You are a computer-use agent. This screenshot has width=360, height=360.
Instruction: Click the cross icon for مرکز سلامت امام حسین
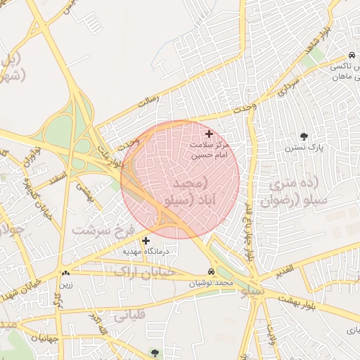(209, 134)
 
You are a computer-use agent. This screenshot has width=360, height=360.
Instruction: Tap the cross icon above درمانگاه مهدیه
(146, 240)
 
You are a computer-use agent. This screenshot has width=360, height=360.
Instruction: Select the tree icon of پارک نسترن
(304, 136)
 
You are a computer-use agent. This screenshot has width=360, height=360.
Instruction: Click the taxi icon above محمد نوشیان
(212, 272)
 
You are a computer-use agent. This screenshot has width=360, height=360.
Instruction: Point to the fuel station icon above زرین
(65, 273)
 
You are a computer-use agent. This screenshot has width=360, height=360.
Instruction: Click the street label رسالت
(148, 101)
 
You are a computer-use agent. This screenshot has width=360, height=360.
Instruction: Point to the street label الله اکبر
(98, 323)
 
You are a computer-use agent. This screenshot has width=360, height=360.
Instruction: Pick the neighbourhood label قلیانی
(129, 315)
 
